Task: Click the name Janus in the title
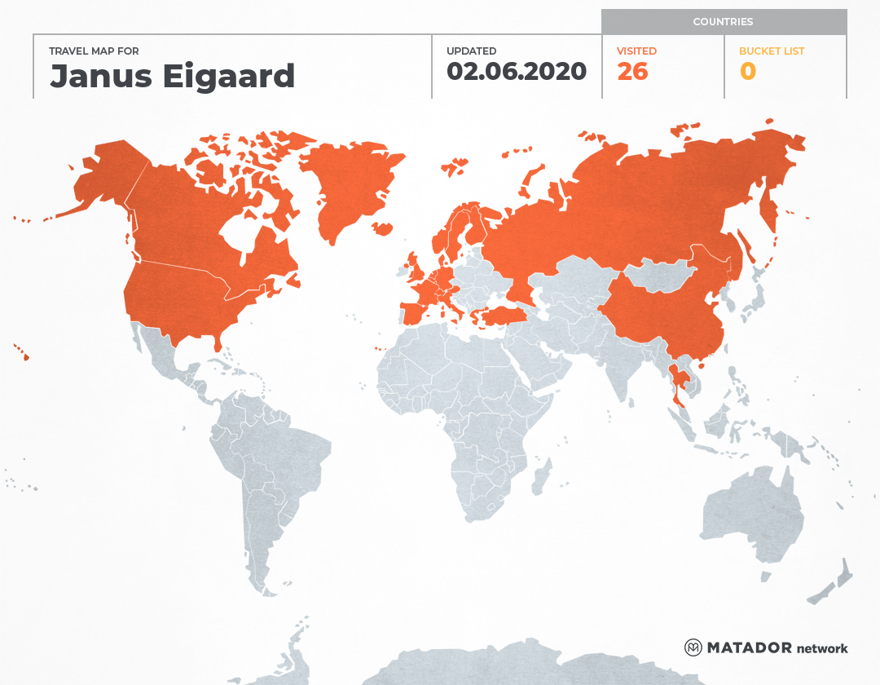point(95,76)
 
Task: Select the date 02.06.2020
point(516,72)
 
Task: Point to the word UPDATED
point(471,51)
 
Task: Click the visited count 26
point(632,72)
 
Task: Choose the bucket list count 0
point(747,72)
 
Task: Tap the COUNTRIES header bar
point(723,22)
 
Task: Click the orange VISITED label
point(636,51)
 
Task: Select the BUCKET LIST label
point(771,51)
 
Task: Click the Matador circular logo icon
point(693,647)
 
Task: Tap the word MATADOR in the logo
point(748,648)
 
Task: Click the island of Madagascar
point(539,479)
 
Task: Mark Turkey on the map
point(502,316)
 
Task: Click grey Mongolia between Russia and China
point(664,276)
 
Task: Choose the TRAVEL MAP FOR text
point(94,51)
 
